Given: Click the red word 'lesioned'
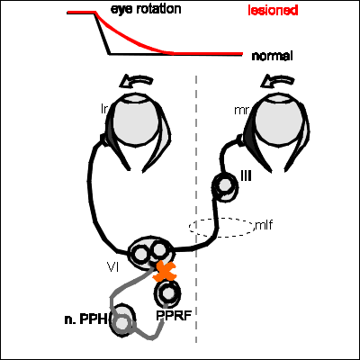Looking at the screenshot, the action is click(273, 11).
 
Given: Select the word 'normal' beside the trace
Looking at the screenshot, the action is click(272, 56).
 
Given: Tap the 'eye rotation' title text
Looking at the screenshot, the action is click(146, 9).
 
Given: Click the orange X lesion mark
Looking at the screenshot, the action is click(164, 271).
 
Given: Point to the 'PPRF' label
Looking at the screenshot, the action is click(174, 316).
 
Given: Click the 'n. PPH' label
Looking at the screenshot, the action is click(85, 319).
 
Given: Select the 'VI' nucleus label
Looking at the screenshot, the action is click(112, 266).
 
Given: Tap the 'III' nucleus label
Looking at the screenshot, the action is click(246, 176).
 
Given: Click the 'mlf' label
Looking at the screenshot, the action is click(264, 225).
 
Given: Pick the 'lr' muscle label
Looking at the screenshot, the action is click(104, 109).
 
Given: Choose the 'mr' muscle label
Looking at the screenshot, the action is click(241, 111).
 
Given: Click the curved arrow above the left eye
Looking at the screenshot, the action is click(136, 81).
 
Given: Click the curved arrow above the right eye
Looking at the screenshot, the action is click(277, 81).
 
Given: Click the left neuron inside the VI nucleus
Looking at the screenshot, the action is click(139, 254).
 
